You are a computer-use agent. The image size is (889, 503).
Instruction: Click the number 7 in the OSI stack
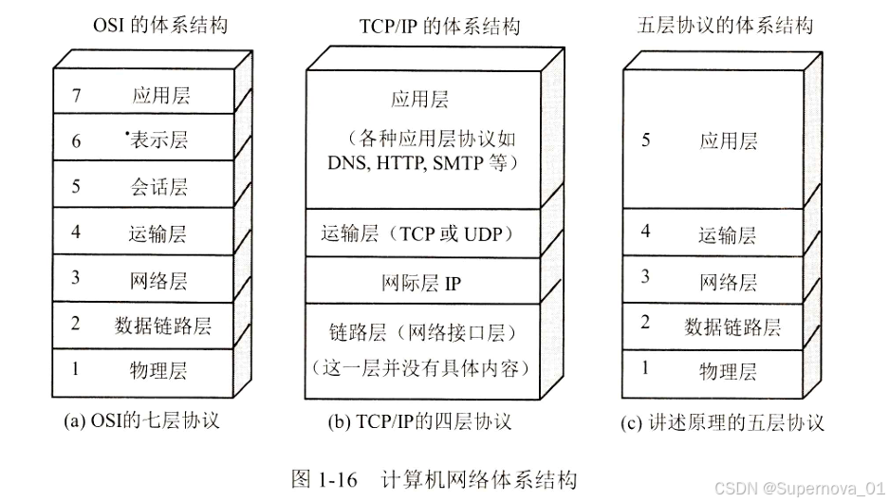[x=75, y=95]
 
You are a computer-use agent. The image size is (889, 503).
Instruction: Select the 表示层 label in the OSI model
[x=158, y=140]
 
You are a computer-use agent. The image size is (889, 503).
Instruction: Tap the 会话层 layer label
[x=158, y=186]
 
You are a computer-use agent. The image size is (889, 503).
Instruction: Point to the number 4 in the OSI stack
[x=75, y=233]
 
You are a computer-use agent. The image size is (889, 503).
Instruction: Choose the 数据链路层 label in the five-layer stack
[x=732, y=326]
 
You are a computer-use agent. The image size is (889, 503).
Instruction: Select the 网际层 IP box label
[x=420, y=283]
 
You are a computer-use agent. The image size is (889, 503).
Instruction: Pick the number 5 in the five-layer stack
[x=646, y=140]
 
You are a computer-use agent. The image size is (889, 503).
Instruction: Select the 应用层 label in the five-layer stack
[x=729, y=141]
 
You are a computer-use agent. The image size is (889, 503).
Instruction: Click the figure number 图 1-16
[x=324, y=478]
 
